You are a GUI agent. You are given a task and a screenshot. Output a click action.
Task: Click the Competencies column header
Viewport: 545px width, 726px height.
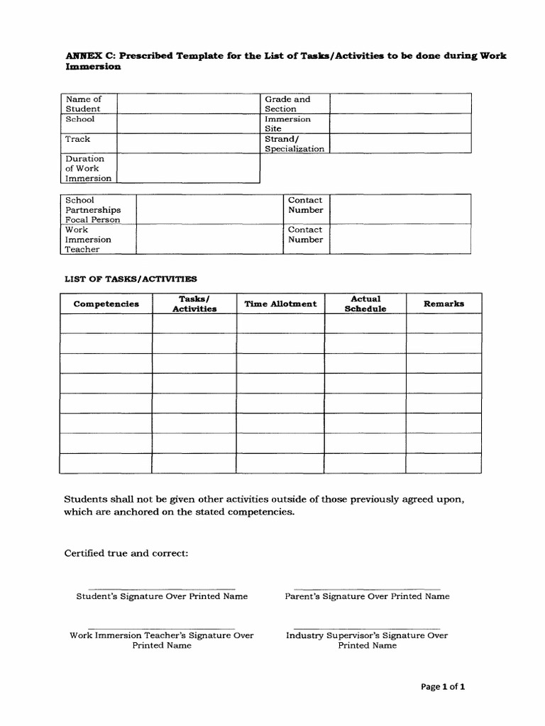click(106, 304)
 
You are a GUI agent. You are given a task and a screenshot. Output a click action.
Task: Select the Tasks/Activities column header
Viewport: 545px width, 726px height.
click(194, 304)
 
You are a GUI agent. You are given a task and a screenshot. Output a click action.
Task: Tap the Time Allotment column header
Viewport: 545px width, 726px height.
click(280, 304)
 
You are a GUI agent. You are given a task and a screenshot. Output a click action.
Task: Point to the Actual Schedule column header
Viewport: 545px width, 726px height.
click(365, 304)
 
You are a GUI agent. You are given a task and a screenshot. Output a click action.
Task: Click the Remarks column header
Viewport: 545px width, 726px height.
click(444, 303)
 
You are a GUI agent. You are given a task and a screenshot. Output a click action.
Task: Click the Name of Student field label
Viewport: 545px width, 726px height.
click(84, 104)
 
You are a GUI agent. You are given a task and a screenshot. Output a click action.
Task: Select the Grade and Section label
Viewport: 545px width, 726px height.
click(287, 104)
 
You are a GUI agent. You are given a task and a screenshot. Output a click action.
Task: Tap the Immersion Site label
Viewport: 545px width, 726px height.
click(287, 124)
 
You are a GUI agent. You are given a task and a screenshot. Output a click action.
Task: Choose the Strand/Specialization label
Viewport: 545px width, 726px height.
click(294, 144)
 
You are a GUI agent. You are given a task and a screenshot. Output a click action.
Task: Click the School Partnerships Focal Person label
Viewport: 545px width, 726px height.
click(93, 210)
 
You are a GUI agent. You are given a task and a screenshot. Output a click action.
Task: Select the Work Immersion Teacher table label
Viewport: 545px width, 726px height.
click(88, 240)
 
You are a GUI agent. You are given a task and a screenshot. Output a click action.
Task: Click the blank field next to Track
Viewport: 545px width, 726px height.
click(189, 144)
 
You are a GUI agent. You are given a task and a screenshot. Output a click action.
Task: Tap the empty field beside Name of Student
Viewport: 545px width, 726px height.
click(189, 104)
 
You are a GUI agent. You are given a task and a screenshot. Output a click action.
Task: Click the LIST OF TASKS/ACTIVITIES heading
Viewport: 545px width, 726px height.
click(131, 279)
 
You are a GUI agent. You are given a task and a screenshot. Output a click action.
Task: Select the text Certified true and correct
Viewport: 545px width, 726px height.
click(126, 553)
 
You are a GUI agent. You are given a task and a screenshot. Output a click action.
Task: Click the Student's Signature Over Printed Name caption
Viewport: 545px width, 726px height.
click(162, 596)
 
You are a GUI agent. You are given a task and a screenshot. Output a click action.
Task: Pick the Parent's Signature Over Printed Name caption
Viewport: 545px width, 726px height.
click(367, 596)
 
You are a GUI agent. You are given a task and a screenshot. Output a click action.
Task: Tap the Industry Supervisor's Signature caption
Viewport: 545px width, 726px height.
click(367, 640)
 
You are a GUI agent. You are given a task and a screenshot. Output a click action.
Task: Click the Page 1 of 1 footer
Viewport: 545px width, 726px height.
click(443, 686)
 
